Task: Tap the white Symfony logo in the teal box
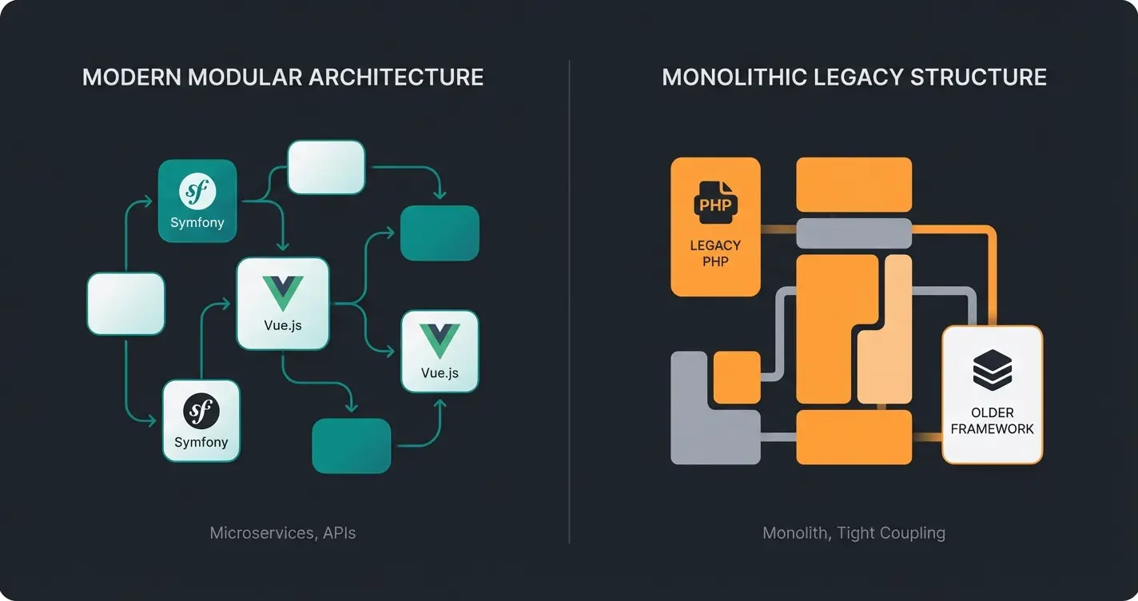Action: [x=197, y=192]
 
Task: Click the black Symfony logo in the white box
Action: [x=201, y=412]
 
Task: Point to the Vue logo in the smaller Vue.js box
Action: [x=440, y=342]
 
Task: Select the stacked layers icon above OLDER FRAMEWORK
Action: [x=993, y=371]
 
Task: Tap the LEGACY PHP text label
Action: [x=715, y=253]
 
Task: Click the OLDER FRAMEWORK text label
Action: [x=993, y=420]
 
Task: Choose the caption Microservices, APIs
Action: [x=283, y=533]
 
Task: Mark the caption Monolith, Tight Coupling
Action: [x=853, y=533]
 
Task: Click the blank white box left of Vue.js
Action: [x=125, y=304]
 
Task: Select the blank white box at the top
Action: [x=326, y=167]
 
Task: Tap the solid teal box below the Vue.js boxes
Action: [x=351, y=445]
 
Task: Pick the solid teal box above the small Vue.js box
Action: [x=439, y=233]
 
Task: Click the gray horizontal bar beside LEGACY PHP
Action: [x=853, y=233]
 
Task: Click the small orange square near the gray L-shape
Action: [x=736, y=377]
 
